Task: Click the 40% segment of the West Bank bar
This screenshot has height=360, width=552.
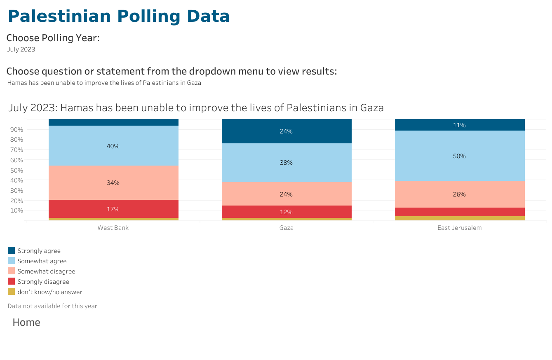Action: click(113, 146)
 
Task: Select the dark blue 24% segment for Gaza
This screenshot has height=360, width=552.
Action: click(287, 131)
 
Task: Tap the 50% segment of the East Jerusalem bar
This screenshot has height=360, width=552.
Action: click(460, 156)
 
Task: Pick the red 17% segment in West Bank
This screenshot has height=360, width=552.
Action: click(113, 209)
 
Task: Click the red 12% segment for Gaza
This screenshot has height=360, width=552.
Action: click(287, 212)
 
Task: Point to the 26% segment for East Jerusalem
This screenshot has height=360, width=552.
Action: click(460, 194)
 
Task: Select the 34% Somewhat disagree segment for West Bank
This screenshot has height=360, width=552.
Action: click(113, 182)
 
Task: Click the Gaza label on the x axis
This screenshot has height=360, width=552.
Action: click(287, 228)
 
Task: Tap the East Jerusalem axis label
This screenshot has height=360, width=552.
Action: click(459, 228)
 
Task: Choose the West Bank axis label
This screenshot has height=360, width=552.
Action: click(113, 228)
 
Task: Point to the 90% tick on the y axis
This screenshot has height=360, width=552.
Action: click(16, 129)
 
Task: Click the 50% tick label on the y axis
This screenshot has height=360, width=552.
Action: click(16, 170)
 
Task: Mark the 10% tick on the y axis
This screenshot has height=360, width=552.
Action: click(16, 210)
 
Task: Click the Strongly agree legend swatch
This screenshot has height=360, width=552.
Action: click(12, 250)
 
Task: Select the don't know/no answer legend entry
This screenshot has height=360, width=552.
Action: click(49, 292)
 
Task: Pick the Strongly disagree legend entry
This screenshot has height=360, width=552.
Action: click(43, 282)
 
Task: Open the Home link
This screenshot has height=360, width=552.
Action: click(26, 322)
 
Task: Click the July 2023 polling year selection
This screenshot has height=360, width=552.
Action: click(21, 49)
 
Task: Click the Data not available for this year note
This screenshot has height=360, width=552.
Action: click(52, 306)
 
